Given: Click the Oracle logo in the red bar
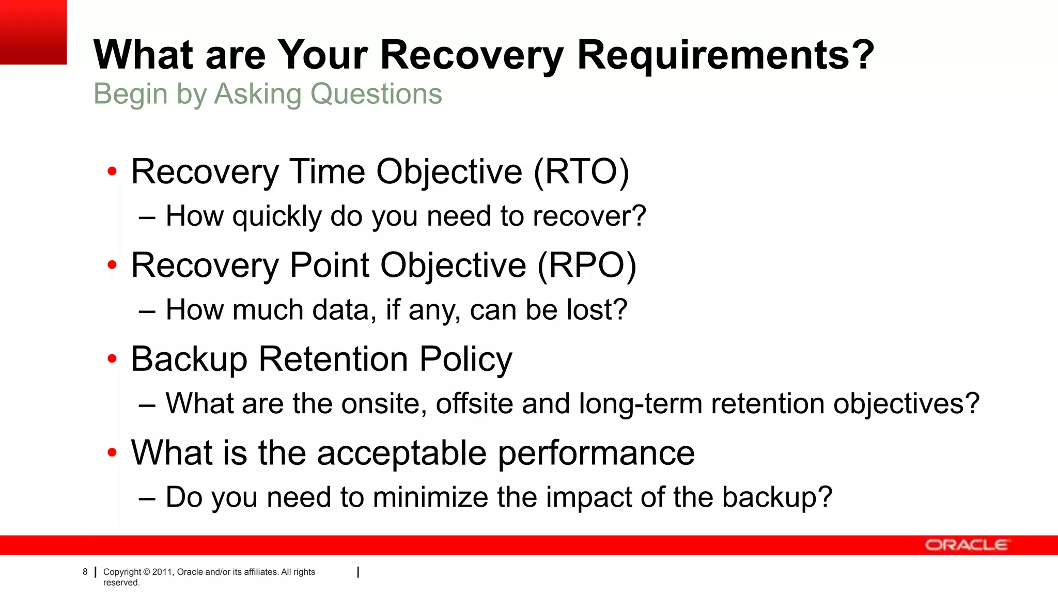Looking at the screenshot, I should (x=966, y=545).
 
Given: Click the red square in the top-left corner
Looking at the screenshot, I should (x=33, y=32).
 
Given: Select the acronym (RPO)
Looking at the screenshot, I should (x=587, y=265).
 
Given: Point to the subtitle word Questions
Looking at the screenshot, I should (x=376, y=94).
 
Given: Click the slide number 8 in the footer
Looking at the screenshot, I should (x=85, y=572).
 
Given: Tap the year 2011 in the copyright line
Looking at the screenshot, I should (x=162, y=572).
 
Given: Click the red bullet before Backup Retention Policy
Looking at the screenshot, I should (x=112, y=358).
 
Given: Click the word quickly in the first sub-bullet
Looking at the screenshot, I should (x=277, y=216).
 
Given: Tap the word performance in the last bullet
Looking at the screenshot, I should (x=596, y=453).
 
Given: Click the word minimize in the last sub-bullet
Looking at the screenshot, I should (x=430, y=497).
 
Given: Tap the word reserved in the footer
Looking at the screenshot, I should (x=121, y=583).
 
